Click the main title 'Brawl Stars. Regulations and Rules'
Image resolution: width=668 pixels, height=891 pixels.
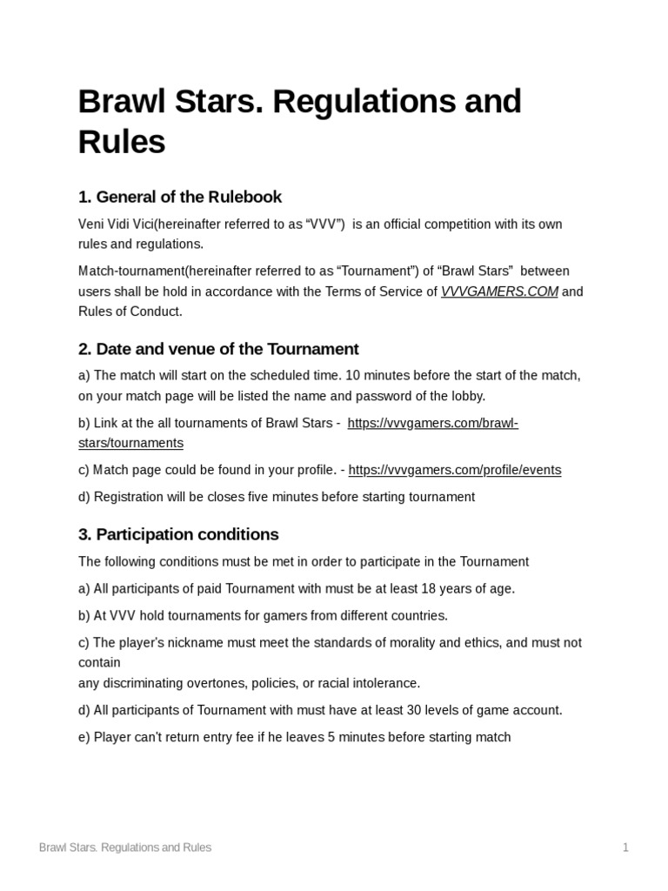pyautogui.click(x=299, y=121)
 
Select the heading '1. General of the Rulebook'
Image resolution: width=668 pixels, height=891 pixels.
pyautogui.click(x=180, y=197)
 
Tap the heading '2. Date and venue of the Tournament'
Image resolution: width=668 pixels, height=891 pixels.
pyautogui.click(x=218, y=349)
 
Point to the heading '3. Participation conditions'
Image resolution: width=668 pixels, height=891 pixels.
pyautogui.click(x=178, y=534)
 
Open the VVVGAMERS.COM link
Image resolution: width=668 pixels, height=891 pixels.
pyautogui.click(x=499, y=291)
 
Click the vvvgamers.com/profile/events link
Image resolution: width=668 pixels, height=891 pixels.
pyautogui.click(x=454, y=470)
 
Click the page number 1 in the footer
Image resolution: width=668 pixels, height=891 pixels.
pyautogui.click(x=625, y=847)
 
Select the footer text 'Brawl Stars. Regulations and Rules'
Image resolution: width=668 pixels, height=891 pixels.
pyautogui.click(x=125, y=847)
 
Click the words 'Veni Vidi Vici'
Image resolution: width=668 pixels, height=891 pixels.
pyautogui.click(x=116, y=224)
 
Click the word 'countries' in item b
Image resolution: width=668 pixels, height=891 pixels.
pyautogui.click(x=418, y=615)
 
